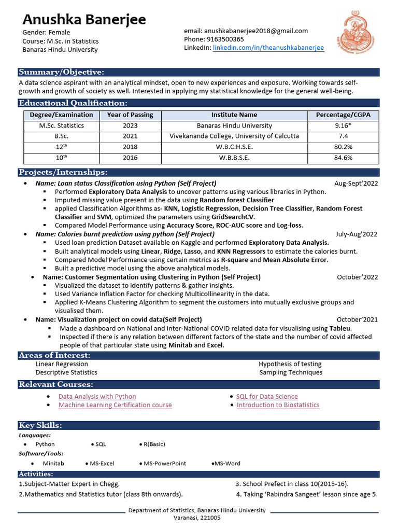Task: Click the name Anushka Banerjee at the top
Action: pos(84,20)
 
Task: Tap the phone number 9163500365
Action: pos(224,39)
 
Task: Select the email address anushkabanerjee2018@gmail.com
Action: pos(256,31)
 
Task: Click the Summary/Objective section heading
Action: pos(61,72)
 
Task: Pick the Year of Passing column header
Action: pos(130,115)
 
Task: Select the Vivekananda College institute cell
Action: pos(234,136)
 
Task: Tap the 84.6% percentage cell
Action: pos(343,158)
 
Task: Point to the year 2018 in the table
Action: pos(130,147)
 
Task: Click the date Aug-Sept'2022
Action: pos(356,184)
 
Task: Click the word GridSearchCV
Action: pos(233,217)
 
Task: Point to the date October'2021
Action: pos(357,319)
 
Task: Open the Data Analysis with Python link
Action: pos(97,397)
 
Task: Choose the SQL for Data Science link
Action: pos(267,397)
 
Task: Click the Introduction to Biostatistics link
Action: pos(278,405)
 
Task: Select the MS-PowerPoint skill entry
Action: pos(164,464)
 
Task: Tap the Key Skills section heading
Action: pos(40,425)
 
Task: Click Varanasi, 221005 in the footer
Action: pos(197,518)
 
